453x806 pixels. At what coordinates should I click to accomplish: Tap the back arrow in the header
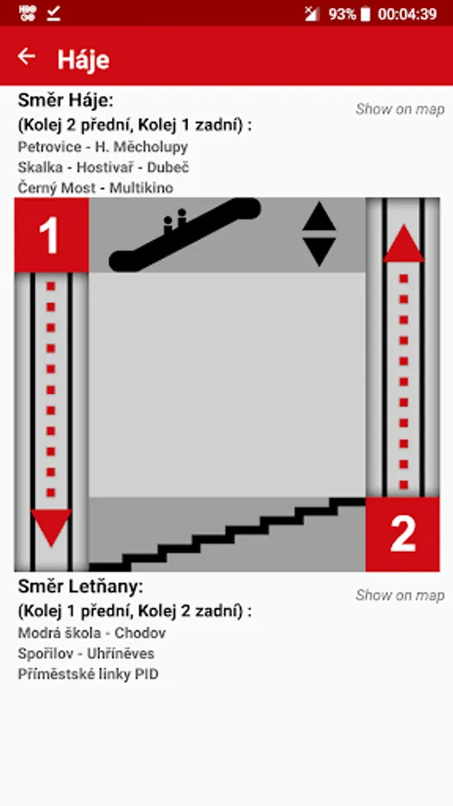pos(26,56)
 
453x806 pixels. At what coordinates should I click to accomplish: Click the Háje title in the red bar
pos(83,60)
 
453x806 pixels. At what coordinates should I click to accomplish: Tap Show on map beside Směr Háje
pos(399,109)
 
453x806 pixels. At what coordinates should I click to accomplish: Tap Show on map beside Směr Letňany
pos(399,596)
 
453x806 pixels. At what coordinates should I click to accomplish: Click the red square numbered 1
pos(51,235)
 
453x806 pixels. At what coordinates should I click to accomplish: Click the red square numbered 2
pos(403,535)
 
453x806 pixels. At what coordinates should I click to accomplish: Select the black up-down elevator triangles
pos(319,234)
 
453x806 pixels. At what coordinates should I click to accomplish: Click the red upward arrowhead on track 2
pos(404,244)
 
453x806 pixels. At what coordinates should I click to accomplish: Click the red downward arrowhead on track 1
pos(51,527)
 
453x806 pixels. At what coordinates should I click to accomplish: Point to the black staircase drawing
pos(227,534)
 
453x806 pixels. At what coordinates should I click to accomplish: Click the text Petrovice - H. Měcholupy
pos(103,147)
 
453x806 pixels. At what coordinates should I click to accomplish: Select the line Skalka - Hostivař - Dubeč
pos(104,167)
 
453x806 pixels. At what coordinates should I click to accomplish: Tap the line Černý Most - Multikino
pos(96,188)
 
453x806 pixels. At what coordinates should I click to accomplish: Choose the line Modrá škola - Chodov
pos(92,633)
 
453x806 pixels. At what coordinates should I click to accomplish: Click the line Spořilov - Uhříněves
pos(86,654)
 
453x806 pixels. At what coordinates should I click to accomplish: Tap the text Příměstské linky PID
pos(89,673)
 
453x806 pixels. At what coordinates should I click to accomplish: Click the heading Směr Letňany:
pos(81,586)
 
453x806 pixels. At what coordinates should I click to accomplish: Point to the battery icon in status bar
pos(365,13)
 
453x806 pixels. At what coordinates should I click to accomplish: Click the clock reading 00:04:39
pos(407,13)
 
